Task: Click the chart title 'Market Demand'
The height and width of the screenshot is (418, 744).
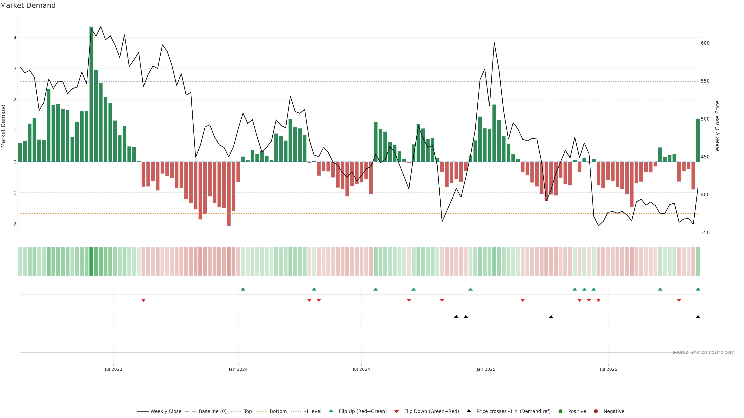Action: click(x=28, y=5)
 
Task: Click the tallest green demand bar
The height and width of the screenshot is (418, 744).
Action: click(x=91, y=94)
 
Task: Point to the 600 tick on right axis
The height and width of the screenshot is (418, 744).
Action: click(x=705, y=43)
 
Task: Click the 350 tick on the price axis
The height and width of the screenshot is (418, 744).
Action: click(x=705, y=232)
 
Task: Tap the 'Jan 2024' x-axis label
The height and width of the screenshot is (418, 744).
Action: click(x=238, y=369)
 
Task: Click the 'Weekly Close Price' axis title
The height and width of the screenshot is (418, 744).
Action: click(x=717, y=126)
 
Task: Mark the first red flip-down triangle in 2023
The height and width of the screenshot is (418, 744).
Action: click(x=143, y=300)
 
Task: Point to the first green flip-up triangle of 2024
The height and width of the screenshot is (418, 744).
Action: click(x=243, y=289)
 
